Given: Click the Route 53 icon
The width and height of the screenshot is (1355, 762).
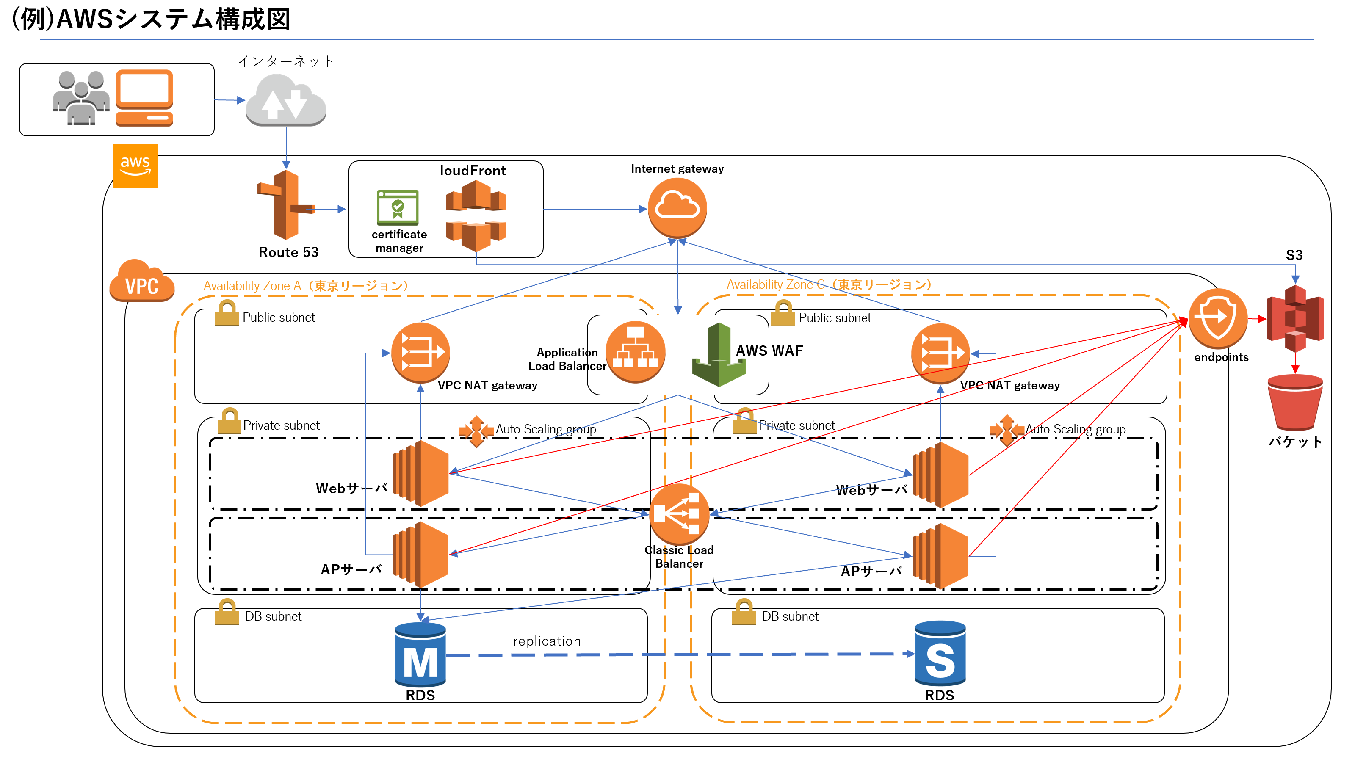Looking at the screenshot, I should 286,205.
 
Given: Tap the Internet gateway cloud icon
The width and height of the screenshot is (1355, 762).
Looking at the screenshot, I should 677,208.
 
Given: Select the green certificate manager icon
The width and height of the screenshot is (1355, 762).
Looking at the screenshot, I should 398,207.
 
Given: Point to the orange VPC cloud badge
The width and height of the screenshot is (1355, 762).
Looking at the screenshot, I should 141,282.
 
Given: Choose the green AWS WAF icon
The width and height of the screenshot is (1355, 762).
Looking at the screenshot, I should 719,355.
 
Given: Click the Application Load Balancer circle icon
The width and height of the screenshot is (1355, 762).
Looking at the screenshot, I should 636,352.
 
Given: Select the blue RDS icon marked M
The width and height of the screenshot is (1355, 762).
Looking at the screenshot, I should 420,655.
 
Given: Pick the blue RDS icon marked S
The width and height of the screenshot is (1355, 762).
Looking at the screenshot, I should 940,654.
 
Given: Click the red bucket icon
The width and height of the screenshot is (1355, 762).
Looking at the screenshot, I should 1295,402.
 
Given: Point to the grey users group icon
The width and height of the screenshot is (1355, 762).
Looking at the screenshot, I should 81,98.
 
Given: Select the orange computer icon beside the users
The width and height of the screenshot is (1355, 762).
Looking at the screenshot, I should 144,98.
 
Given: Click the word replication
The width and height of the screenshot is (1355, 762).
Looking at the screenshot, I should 547,641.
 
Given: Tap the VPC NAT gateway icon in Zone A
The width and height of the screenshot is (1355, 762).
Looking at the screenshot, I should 420,352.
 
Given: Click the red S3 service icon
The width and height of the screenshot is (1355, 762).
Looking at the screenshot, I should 1295,318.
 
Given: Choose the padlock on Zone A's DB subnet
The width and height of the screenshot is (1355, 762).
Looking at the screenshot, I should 227,612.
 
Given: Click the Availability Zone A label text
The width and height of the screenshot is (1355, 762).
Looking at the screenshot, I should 305,286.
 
